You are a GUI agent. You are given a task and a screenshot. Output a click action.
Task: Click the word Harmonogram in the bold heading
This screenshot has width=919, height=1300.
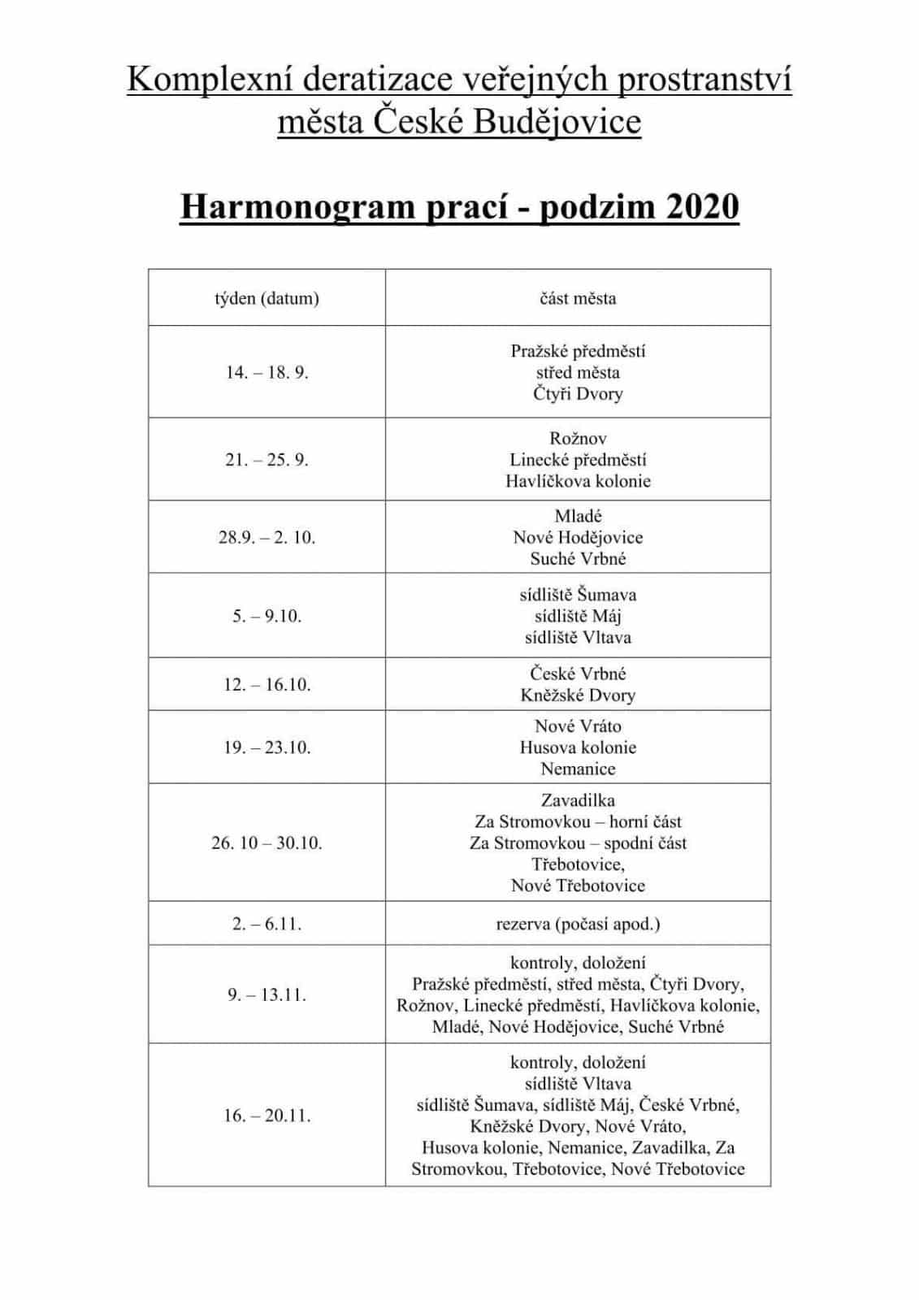click(x=297, y=207)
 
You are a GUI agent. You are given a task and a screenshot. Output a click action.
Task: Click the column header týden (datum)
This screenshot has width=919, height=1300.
click(x=267, y=298)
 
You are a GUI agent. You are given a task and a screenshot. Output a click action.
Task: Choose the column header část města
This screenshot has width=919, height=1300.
click(x=578, y=298)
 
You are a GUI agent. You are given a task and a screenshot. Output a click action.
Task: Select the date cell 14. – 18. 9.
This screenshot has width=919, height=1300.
click(x=267, y=373)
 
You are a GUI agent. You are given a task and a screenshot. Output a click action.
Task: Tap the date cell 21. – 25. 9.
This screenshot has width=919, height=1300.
click(x=267, y=460)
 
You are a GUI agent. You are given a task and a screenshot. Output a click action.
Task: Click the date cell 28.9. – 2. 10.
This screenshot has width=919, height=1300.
click(x=267, y=537)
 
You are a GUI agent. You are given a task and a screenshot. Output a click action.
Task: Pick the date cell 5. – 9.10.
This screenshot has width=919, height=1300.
click(x=267, y=616)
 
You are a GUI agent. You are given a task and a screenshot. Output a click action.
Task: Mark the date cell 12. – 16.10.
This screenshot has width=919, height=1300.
click(x=267, y=684)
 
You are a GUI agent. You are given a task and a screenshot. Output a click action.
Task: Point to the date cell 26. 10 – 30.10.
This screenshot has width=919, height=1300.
click(x=267, y=843)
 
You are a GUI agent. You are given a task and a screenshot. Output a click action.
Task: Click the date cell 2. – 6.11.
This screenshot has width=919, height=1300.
click(x=267, y=924)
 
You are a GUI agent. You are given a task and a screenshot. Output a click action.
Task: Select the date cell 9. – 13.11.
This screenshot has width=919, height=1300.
click(x=267, y=994)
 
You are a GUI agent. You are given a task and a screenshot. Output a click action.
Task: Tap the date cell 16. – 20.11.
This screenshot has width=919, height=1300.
click(x=267, y=1116)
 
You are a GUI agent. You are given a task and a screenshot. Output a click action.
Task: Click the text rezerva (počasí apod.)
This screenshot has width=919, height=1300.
click(x=578, y=924)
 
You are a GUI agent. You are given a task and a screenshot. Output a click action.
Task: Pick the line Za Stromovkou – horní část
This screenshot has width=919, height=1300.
click(x=578, y=821)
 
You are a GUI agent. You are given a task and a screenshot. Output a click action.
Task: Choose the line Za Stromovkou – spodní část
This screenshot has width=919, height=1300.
click(x=578, y=843)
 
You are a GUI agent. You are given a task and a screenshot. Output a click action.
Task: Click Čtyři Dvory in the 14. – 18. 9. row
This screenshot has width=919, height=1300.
click(x=578, y=394)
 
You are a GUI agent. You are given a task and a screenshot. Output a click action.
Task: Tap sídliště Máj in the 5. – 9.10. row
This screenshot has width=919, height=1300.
click(x=578, y=616)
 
